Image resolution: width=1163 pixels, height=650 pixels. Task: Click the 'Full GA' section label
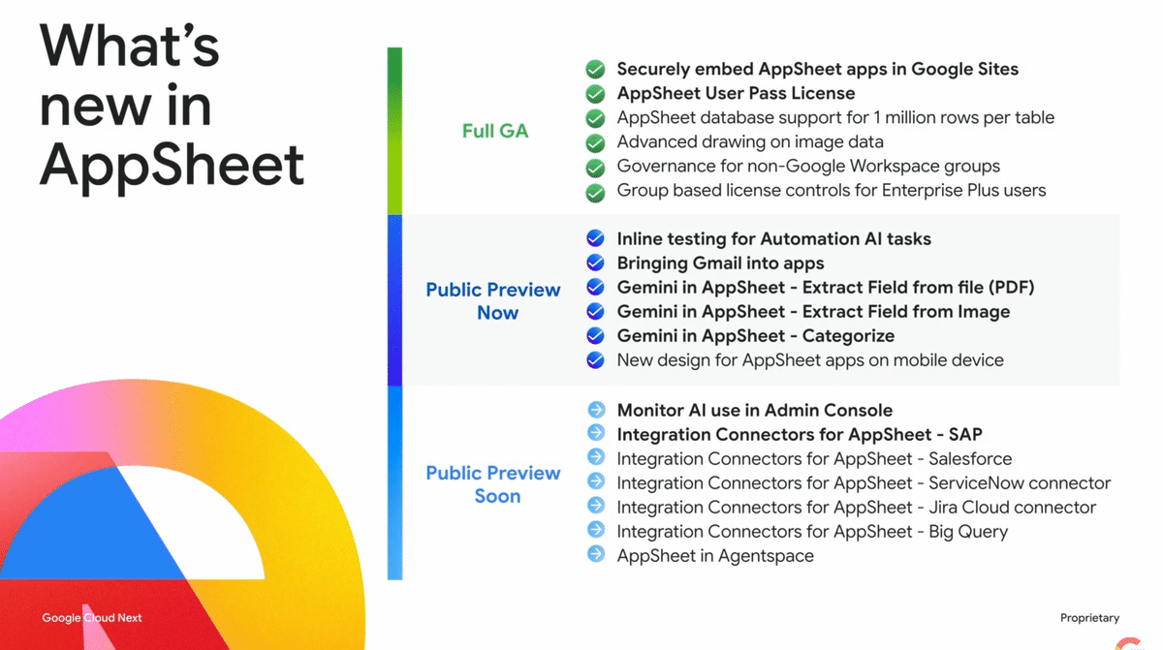tap(495, 131)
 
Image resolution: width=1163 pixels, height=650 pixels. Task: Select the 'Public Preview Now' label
tap(493, 301)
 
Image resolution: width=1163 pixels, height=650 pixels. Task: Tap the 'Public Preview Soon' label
tap(493, 484)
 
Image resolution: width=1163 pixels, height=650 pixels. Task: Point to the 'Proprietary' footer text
tap(1089, 618)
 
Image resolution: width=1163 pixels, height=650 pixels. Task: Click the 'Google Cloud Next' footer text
tap(92, 618)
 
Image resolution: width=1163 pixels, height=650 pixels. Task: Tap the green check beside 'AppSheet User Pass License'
tap(596, 94)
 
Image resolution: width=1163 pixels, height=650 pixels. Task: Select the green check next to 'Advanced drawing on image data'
tap(596, 142)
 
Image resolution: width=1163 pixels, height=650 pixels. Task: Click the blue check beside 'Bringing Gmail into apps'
tap(596, 263)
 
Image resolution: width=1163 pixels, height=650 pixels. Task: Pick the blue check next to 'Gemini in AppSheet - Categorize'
tap(596, 336)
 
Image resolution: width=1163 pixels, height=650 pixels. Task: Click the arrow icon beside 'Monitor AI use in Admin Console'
tap(596, 410)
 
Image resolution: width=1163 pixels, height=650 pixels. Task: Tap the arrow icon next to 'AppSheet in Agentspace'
tap(596, 555)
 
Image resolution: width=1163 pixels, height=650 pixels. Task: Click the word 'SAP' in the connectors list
tap(965, 435)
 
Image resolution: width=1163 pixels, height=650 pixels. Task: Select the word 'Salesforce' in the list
tap(970, 459)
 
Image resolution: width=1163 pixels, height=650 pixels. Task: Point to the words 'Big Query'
tap(968, 532)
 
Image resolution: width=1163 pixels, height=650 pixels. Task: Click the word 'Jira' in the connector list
tap(948, 508)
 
